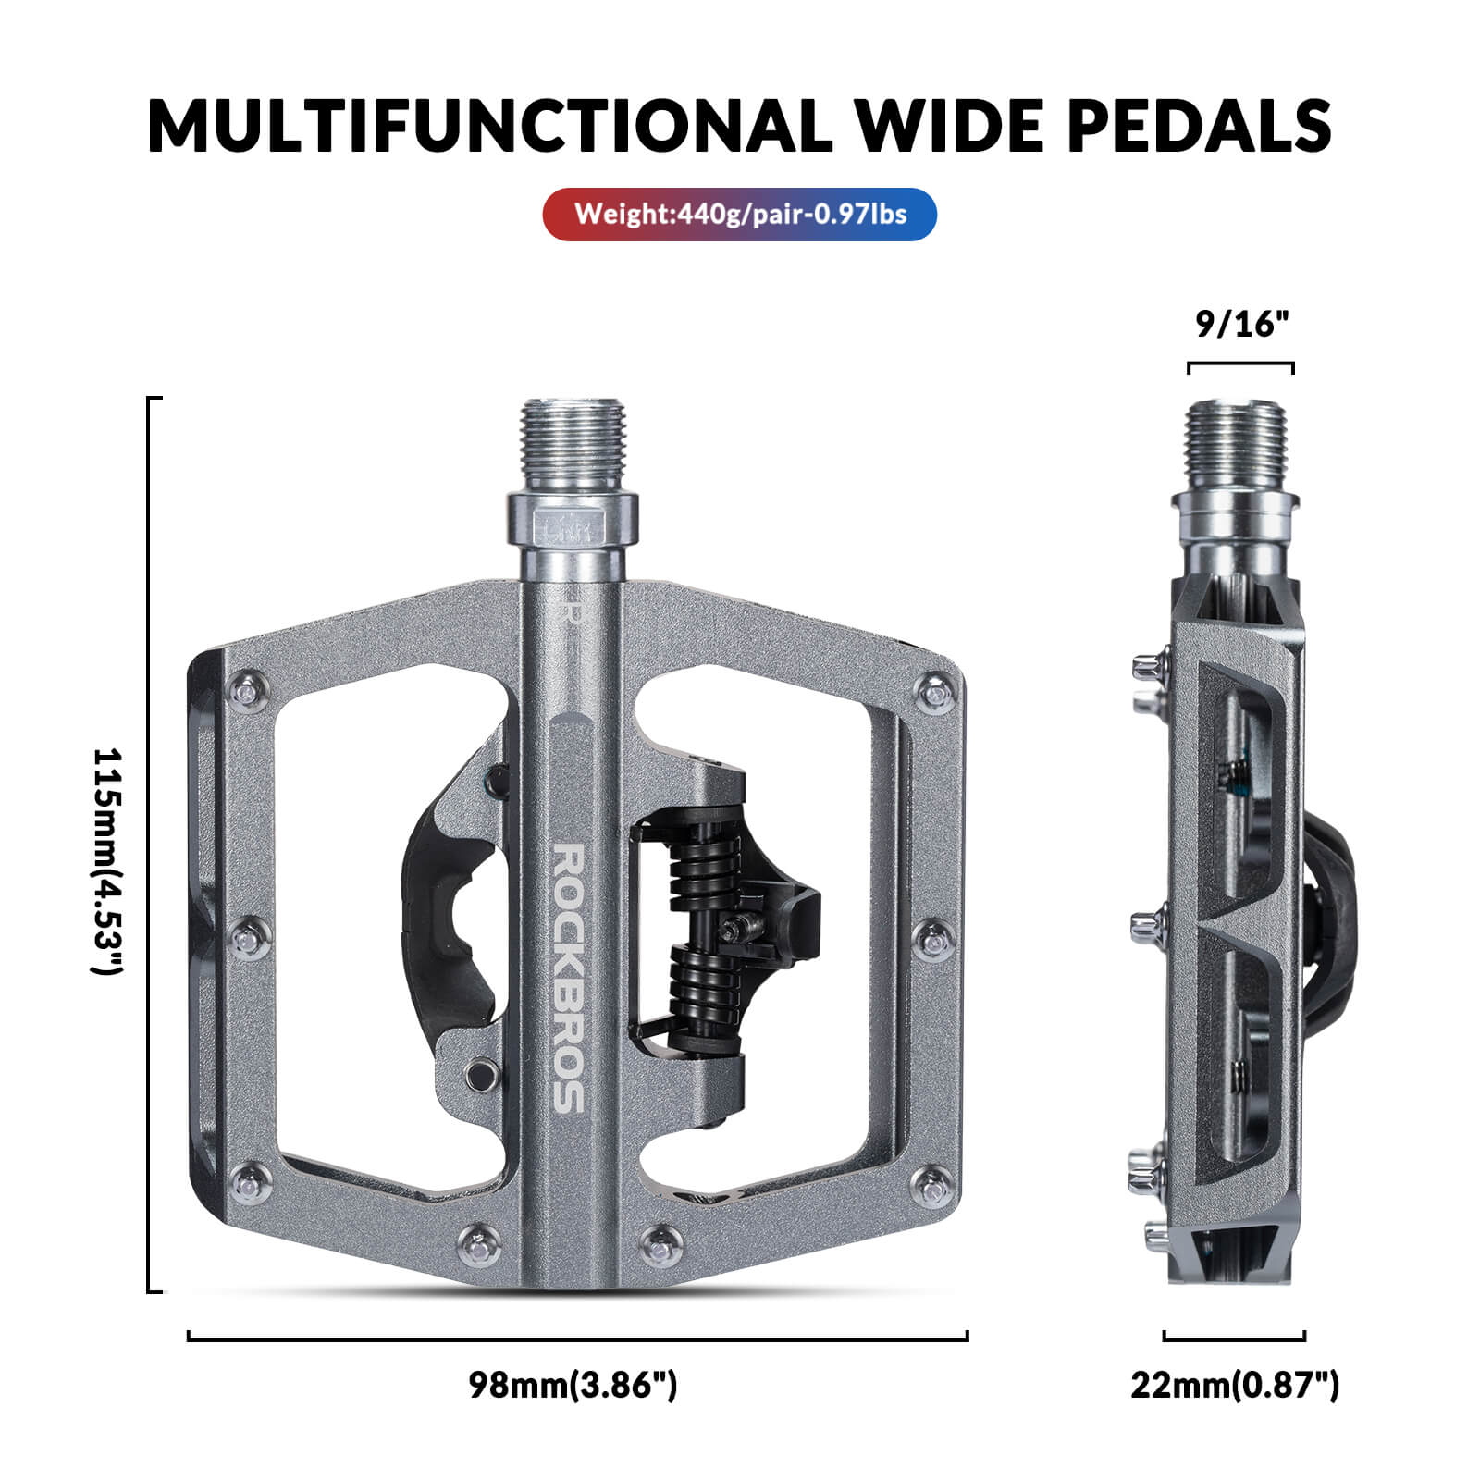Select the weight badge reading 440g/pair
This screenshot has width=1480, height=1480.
tap(739, 215)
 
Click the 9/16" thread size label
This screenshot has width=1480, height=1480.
tap(1241, 325)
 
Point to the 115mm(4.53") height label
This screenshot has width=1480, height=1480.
tap(107, 860)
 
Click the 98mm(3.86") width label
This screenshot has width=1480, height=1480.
tap(573, 1386)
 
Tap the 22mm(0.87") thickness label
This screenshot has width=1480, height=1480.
tap(1234, 1386)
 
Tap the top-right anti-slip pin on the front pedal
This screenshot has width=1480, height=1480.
tap(935, 691)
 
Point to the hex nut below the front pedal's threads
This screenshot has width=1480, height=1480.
tap(572, 523)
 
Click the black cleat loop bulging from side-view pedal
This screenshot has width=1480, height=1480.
tap(1332, 916)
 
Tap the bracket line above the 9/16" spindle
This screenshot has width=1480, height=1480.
tap(1240, 365)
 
